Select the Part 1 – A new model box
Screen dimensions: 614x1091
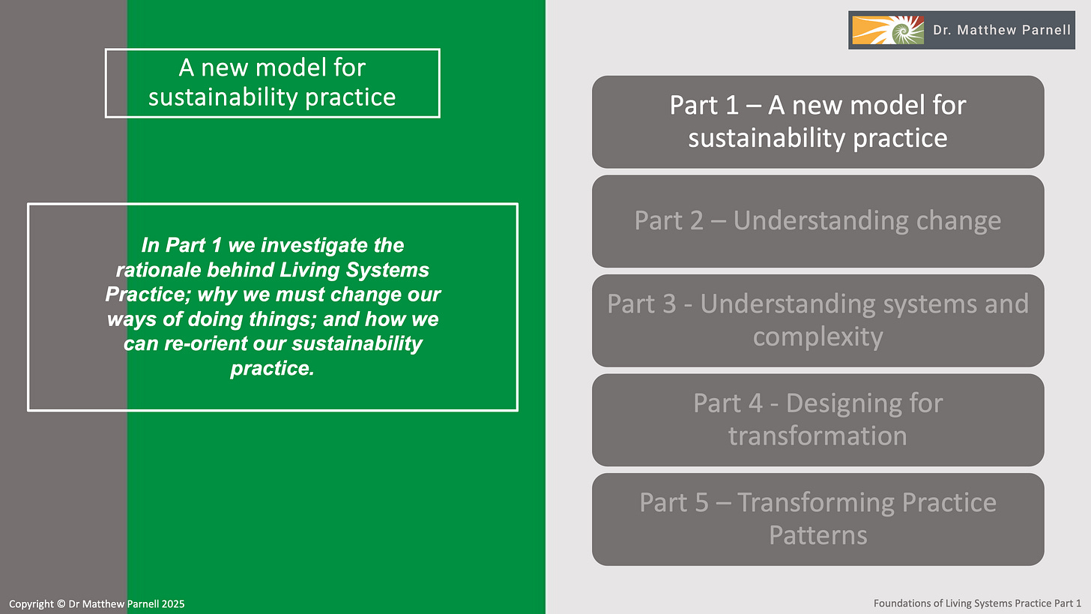point(818,121)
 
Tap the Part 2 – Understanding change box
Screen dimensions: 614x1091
point(818,221)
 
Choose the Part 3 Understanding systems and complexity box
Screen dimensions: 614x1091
point(818,320)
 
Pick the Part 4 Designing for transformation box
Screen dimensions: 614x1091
point(818,420)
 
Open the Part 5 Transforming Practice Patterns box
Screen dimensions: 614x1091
point(818,519)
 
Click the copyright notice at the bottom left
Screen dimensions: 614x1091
point(97,604)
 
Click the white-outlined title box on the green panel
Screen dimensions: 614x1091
point(272,82)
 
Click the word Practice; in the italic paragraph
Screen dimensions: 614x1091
point(141,294)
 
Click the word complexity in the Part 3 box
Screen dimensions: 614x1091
point(818,337)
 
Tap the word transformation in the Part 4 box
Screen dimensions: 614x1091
point(818,436)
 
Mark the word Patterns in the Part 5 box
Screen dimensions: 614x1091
point(818,535)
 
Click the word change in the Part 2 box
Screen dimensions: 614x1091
point(955,221)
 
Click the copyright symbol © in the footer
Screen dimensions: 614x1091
point(61,604)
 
